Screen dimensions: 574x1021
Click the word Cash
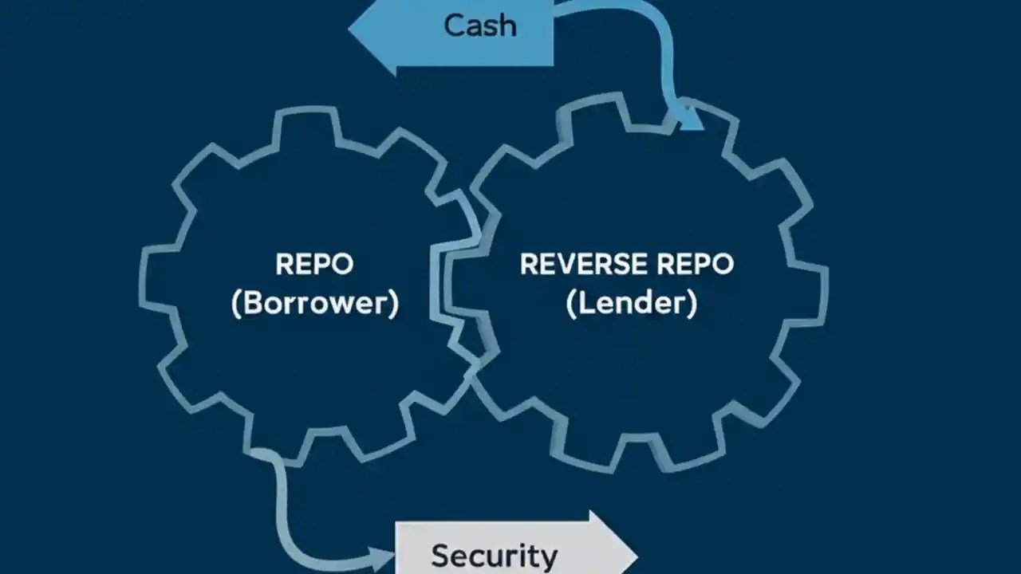pos(479,26)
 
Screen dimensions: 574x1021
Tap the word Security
pos(494,556)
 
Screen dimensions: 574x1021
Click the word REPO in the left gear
pos(314,264)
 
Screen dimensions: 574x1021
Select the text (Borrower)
pos(314,304)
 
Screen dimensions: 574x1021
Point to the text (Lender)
pos(631,304)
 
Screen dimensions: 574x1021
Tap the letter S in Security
pos(440,556)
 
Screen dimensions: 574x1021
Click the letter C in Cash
pos(454,26)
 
